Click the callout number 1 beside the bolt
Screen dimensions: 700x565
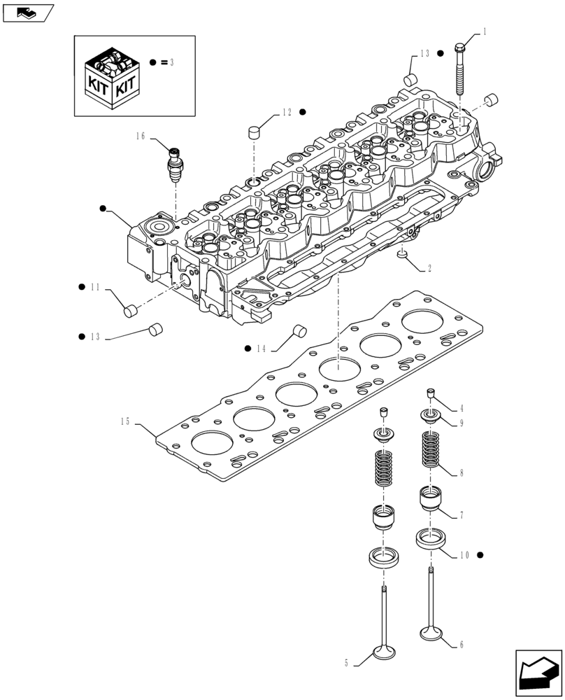(484, 32)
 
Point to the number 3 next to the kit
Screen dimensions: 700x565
(171, 62)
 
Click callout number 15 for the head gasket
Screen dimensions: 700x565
(125, 421)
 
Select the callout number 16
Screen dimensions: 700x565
(141, 136)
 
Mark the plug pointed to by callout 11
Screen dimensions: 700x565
(129, 310)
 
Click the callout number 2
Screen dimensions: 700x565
(429, 268)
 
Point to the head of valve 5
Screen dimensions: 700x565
(385, 652)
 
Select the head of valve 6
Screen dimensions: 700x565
(431, 633)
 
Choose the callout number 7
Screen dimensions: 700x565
(462, 516)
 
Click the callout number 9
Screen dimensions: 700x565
(462, 423)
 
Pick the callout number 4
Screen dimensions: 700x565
(462, 408)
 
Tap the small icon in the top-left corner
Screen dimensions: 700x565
(28, 11)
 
